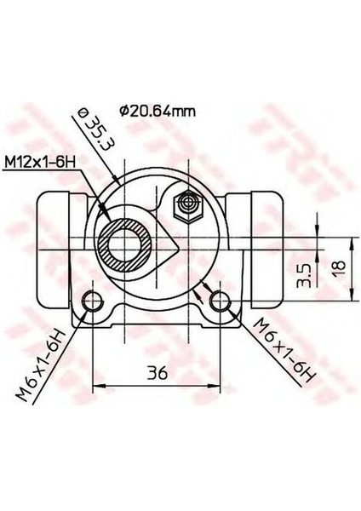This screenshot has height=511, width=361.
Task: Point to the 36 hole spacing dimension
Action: click(152, 372)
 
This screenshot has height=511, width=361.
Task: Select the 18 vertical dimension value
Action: click(338, 270)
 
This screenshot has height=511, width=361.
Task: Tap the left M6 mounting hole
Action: click(91, 301)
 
